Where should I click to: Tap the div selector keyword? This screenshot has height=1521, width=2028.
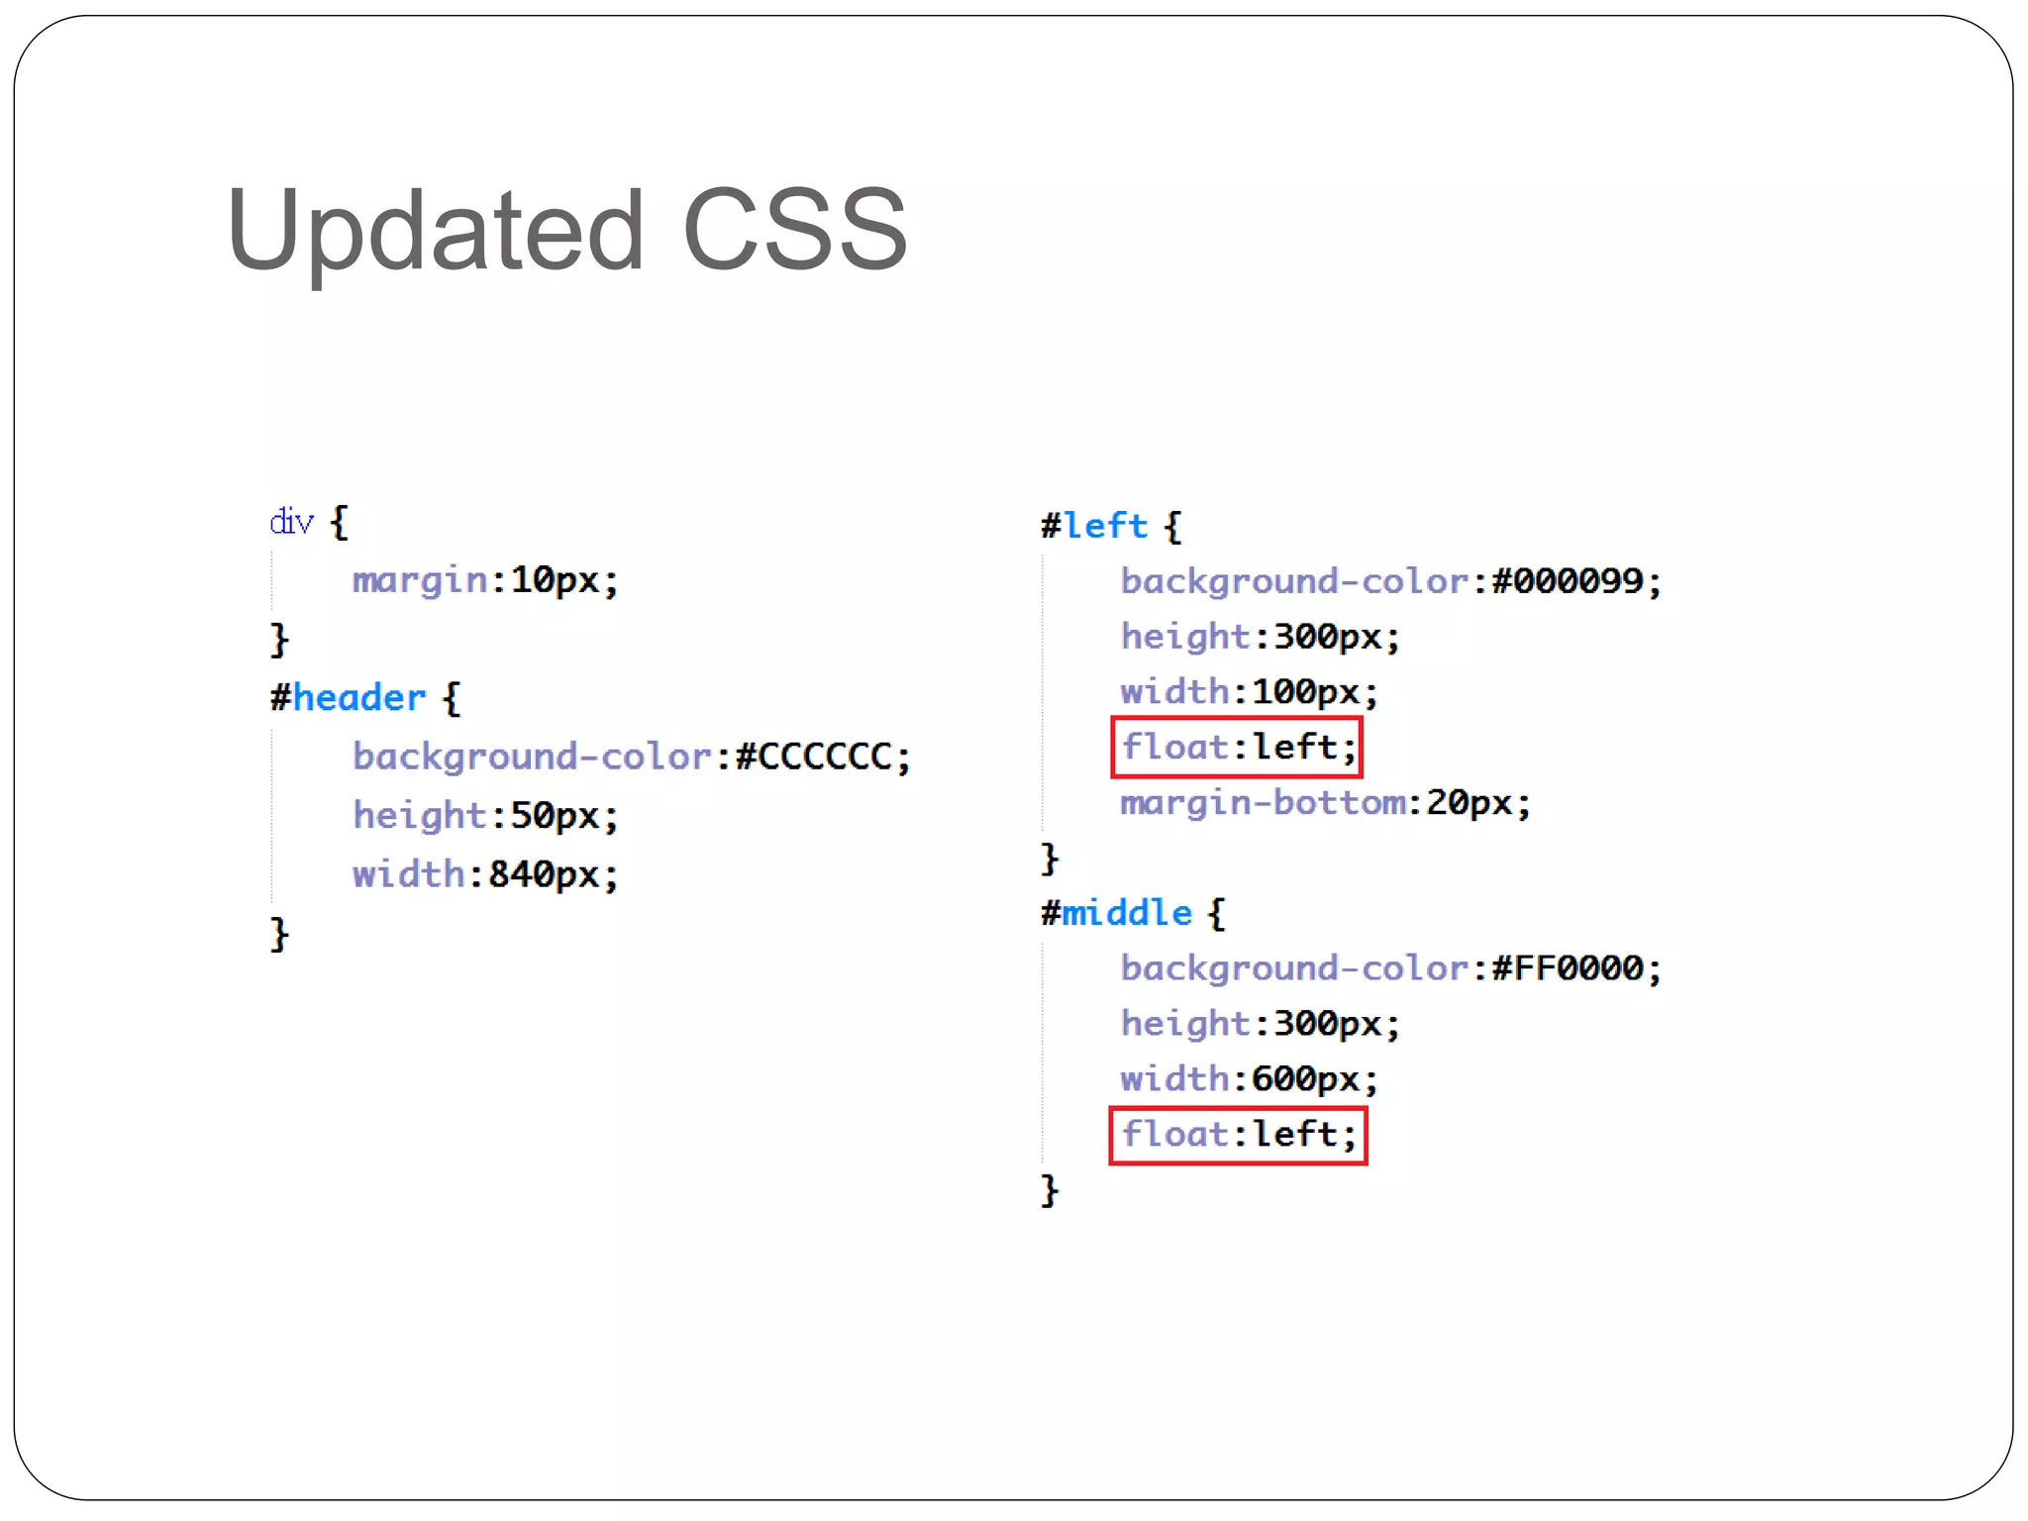[x=291, y=521]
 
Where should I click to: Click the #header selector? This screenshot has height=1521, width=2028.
[x=349, y=698]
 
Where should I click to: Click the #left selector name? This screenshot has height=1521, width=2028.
[x=1095, y=526]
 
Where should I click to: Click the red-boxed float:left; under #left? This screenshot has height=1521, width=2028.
[x=1237, y=747]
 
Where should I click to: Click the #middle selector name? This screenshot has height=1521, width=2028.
[x=1117, y=913]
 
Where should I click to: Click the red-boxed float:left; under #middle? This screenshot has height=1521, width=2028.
[x=1238, y=1135]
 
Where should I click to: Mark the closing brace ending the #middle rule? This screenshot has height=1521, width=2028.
[x=1050, y=1189]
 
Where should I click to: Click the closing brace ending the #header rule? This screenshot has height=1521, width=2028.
[x=279, y=934]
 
